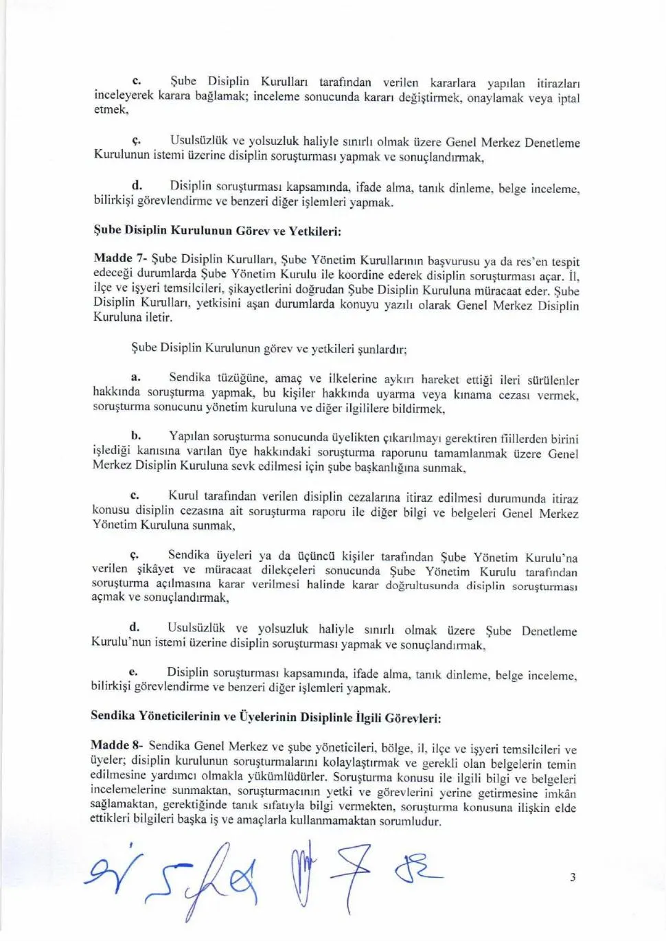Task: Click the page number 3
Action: [573, 877]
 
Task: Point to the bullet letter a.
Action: [135, 377]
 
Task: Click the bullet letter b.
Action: [136, 435]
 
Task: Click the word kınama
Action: [472, 394]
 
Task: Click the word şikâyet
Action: [155, 569]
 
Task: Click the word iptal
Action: [569, 98]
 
